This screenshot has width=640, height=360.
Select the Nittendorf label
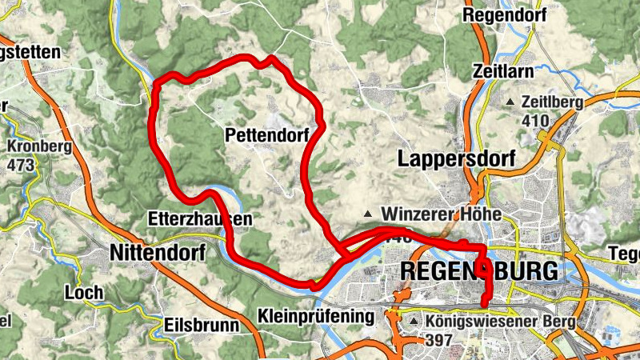tap(157, 254)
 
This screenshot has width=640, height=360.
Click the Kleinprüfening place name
tap(317, 316)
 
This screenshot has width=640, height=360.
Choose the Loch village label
tap(85, 292)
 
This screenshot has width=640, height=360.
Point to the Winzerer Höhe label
tap(442, 214)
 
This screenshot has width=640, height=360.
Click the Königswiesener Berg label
tap(490, 322)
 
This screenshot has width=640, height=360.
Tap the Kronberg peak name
tap(39, 147)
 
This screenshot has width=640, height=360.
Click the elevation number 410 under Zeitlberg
tap(535, 121)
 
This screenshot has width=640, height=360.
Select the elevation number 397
tap(440, 340)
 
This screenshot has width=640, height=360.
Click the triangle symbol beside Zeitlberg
tap(510, 102)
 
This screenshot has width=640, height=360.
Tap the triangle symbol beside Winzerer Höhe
tap(368, 214)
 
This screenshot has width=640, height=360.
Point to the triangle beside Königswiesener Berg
tap(414, 322)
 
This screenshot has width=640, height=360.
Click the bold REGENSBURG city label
tap(478, 271)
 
